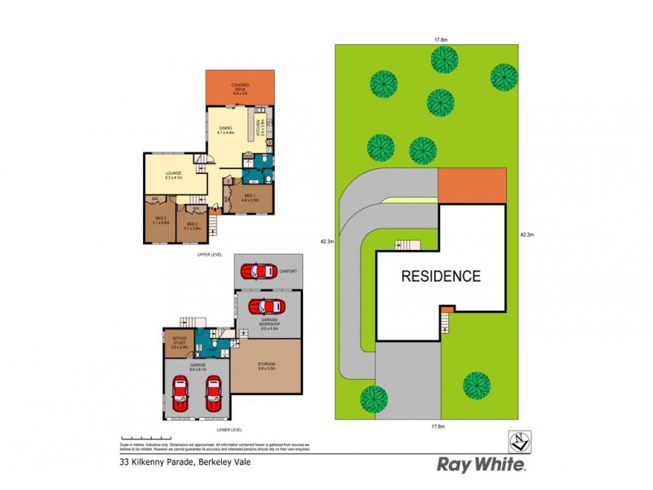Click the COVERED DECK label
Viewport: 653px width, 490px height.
point(239,87)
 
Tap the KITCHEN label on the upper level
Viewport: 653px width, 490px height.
point(260,127)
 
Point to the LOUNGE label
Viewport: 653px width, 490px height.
point(173,175)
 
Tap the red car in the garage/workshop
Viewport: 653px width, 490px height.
point(266,307)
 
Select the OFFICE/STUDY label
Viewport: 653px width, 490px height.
point(179,341)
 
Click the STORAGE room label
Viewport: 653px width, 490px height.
point(267,365)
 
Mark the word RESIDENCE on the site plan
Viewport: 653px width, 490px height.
point(441,276)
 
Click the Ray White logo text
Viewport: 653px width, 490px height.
point(482,465)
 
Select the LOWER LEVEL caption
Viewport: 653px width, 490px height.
point(231,429)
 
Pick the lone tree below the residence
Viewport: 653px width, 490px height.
point(476,383)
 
